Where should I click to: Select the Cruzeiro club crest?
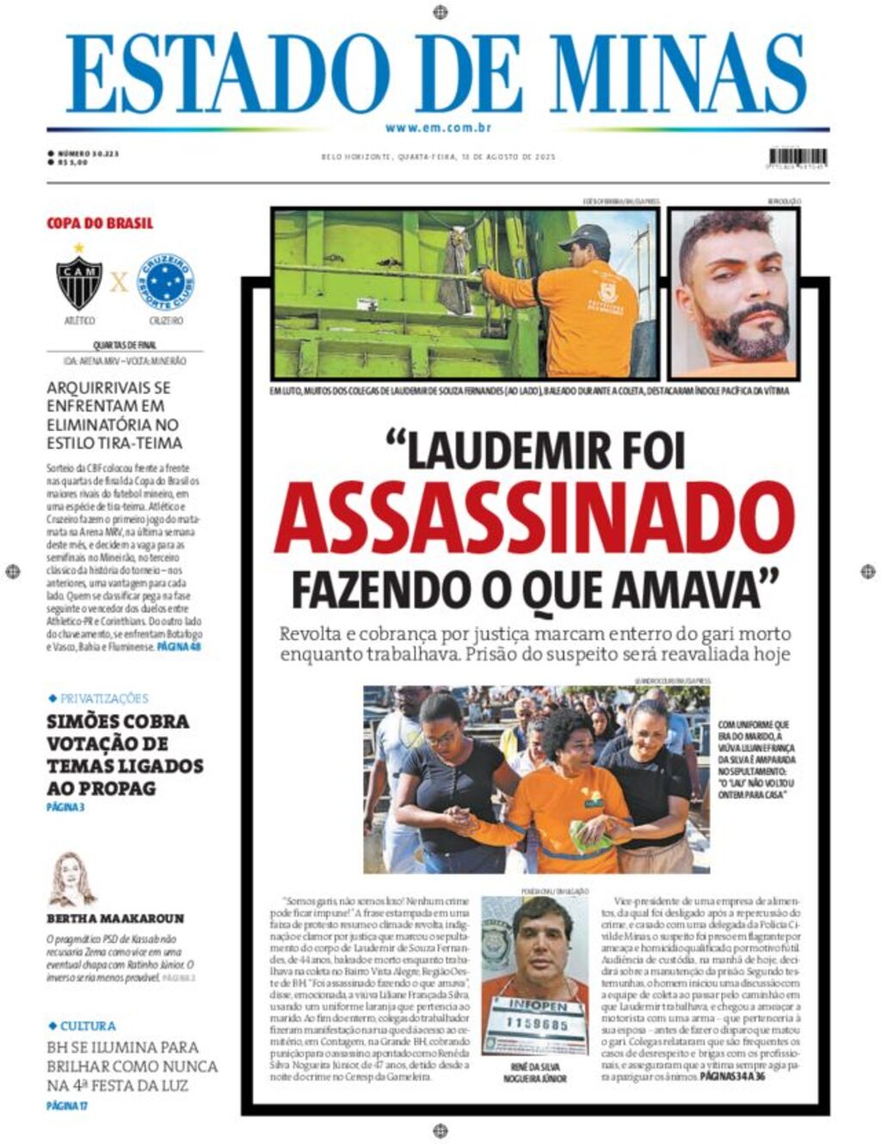[166, 281]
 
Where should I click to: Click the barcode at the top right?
[798, 157]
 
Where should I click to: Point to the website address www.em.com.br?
[439, 128]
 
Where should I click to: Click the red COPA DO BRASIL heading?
[100, 224]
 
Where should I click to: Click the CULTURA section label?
[87, 1026]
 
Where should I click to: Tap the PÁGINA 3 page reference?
[65, 808]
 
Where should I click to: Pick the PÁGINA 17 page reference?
[67, 1105]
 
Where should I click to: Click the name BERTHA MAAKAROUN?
[115, 919]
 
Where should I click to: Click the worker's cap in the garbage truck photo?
[585, 235]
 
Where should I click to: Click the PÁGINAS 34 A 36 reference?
[732, 1076]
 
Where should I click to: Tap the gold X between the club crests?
[119, 281]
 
